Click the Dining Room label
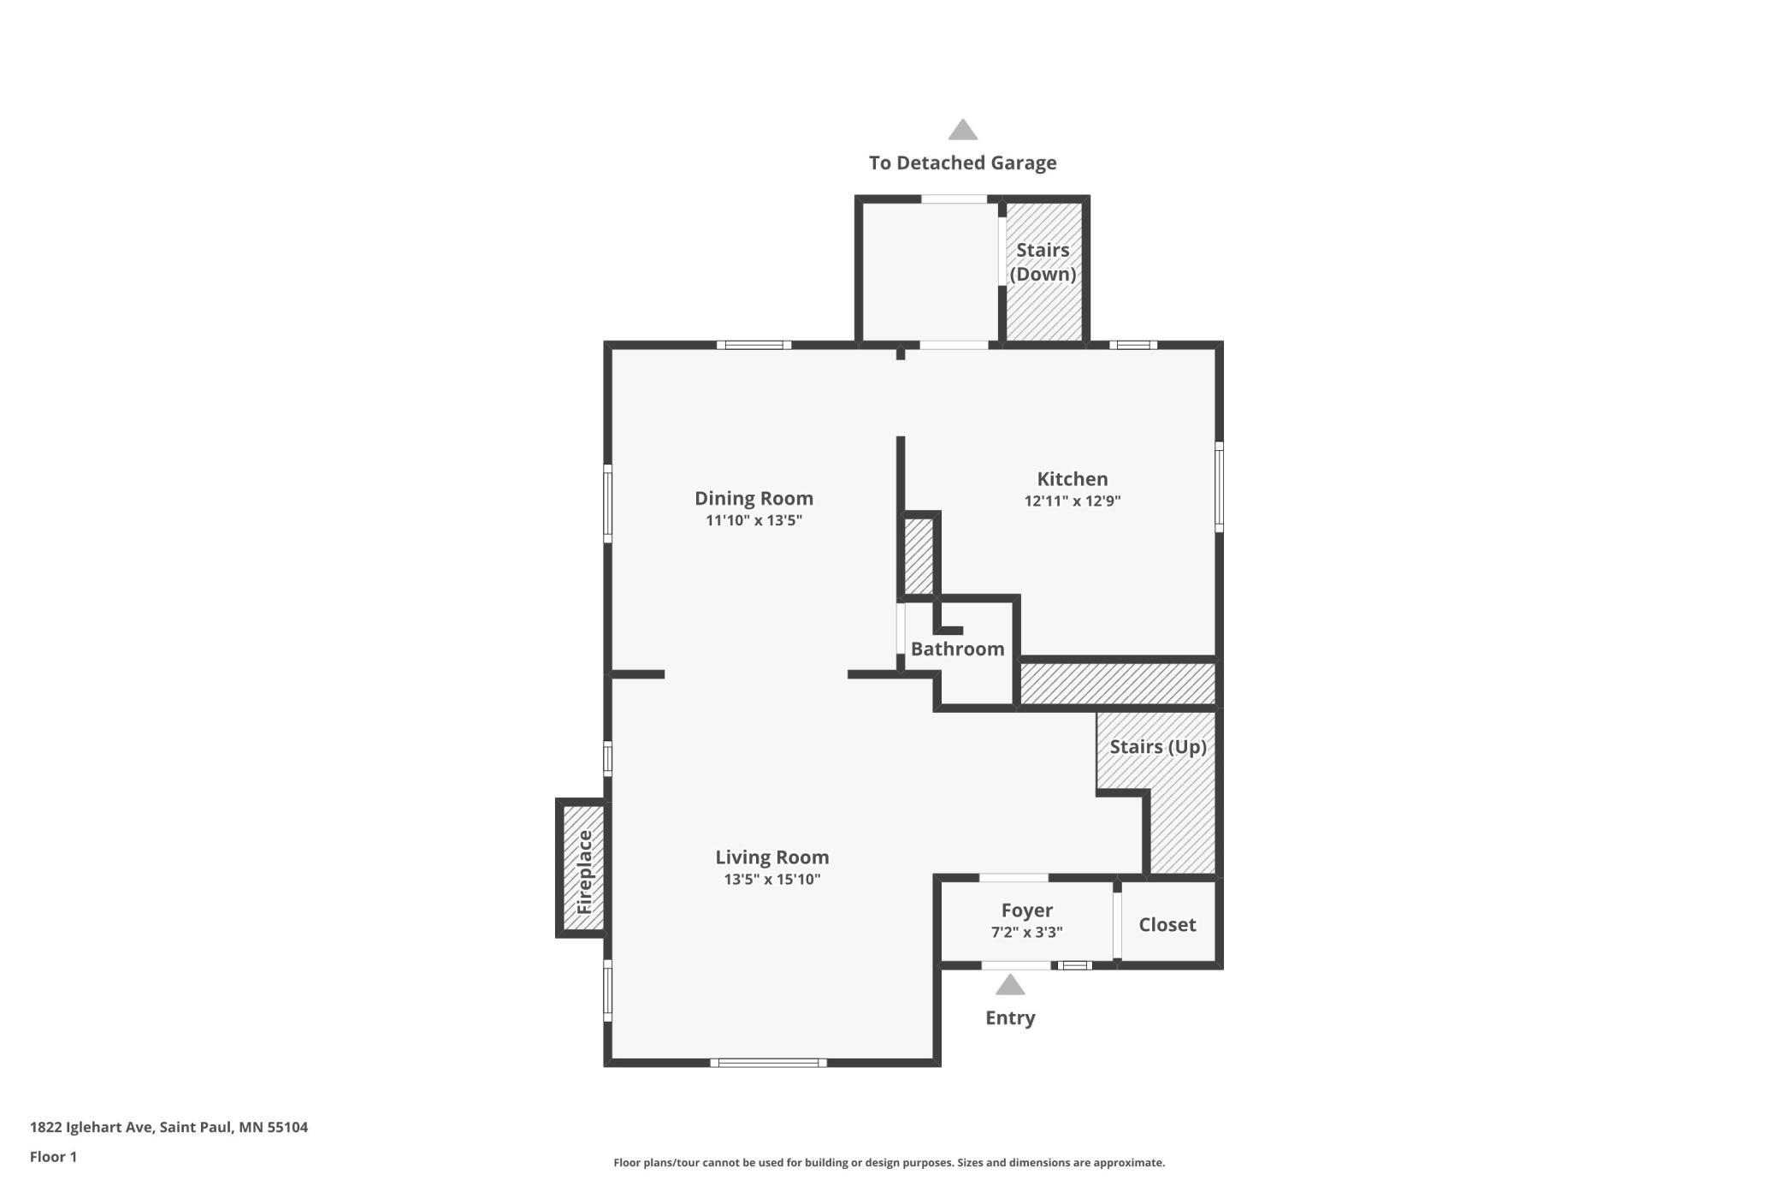754,498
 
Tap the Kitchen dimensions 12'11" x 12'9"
1073,501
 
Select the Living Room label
772,857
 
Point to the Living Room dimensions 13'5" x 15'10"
772,879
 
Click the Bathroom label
958,649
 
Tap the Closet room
1167,922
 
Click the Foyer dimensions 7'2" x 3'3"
1026,932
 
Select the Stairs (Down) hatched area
1043,270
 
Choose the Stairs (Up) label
1158,746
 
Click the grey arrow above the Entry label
1010,985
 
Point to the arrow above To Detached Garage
963,129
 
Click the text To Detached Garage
963,163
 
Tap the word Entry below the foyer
1010,1017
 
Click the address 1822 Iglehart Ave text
92,1127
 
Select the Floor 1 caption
53,1157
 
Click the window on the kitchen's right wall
1219,487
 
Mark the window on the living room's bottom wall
769,1063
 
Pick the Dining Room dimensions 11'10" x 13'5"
754,520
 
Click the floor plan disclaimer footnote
889,1163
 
